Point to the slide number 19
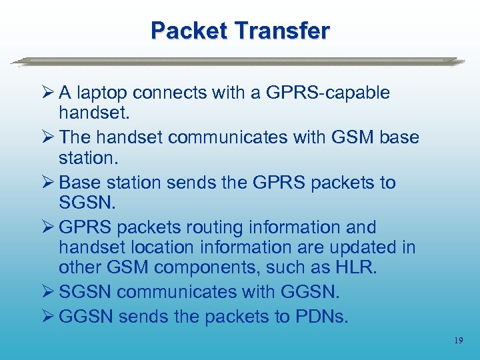coord(458,341)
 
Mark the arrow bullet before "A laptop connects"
coord(47,93)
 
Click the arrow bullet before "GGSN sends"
coord(47,317)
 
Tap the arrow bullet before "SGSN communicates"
coord(47,292)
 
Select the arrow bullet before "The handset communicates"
coord(47,137)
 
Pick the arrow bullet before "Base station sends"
coord(47,182)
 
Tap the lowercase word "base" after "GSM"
coord(399,137)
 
